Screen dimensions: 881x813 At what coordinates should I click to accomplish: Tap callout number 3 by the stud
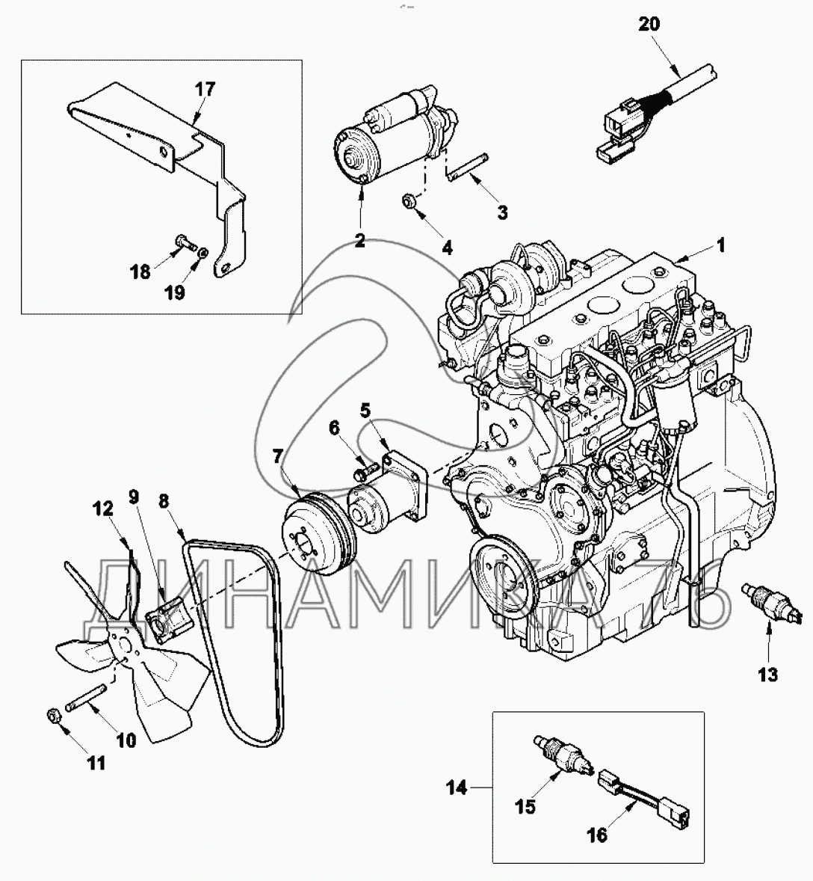click(502, 212)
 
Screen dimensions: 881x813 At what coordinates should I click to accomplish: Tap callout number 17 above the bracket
click(205, 89)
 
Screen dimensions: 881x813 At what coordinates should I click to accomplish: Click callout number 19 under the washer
click(175, 293)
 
